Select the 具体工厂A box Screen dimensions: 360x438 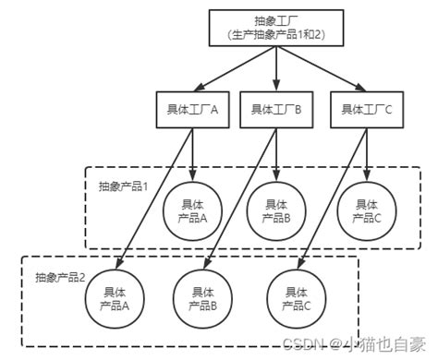(x=190, y=109)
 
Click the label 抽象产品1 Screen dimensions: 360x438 (x=124, y=186)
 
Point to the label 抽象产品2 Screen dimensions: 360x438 (x=60, y=276)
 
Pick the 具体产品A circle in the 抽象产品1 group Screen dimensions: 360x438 (x=192, y=210)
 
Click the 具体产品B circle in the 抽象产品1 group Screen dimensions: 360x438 (x=276, y=210)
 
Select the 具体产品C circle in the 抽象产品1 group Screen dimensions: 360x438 (x=365, y=210)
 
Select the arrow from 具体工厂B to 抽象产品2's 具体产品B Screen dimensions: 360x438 (x=238, y=198)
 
